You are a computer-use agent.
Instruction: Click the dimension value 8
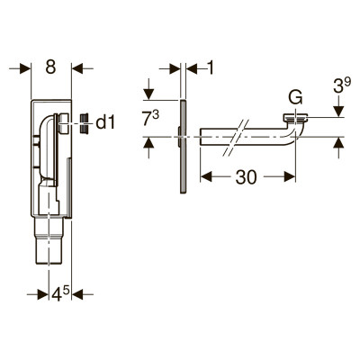coord(50,67)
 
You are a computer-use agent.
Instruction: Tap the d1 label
coord(105,123)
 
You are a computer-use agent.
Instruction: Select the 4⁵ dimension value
coord(60,294)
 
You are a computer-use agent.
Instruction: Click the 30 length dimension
coord(247,177)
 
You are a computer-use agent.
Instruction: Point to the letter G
coord(295,97)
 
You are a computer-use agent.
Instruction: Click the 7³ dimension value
coord(150,119)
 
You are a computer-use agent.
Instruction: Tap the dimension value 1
coord(211,68)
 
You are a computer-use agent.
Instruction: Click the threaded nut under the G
coord(295,119)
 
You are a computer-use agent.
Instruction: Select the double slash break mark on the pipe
coord(237,138)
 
